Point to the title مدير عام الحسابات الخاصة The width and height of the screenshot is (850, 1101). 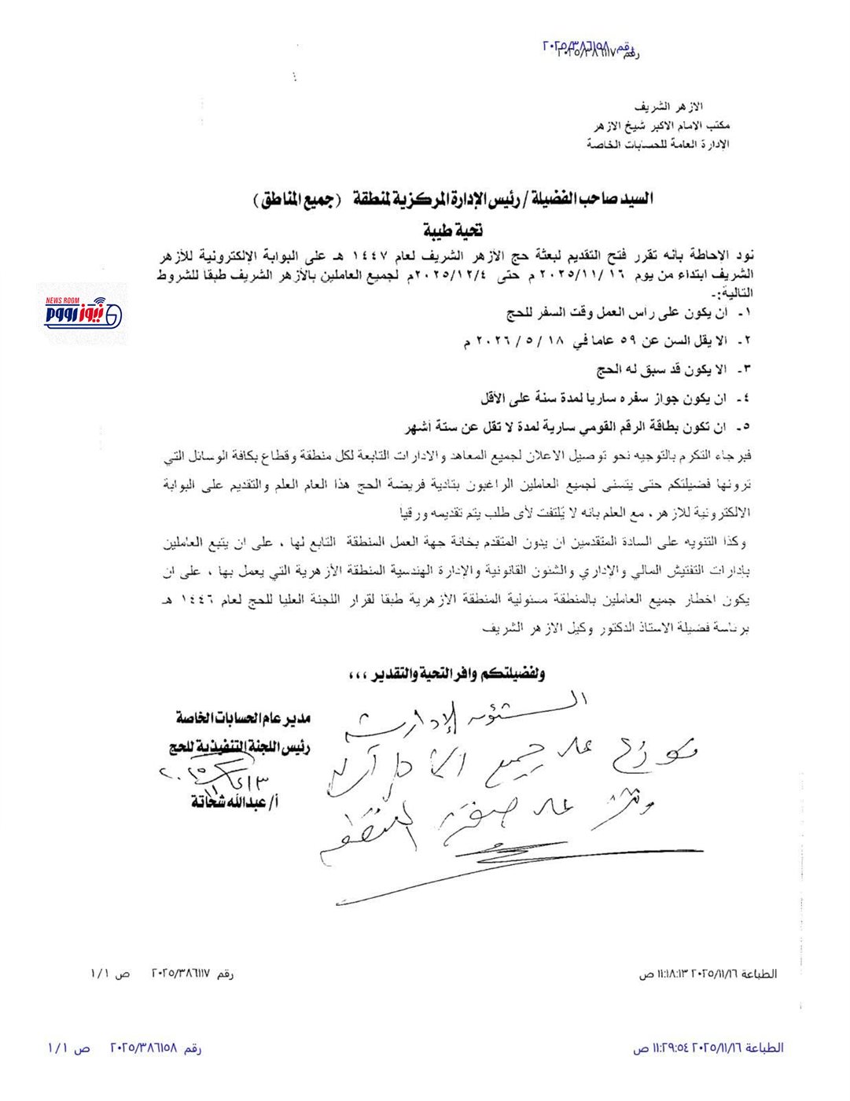coord(243,718)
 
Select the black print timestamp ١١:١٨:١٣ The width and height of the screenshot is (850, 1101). coord(669,974)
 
